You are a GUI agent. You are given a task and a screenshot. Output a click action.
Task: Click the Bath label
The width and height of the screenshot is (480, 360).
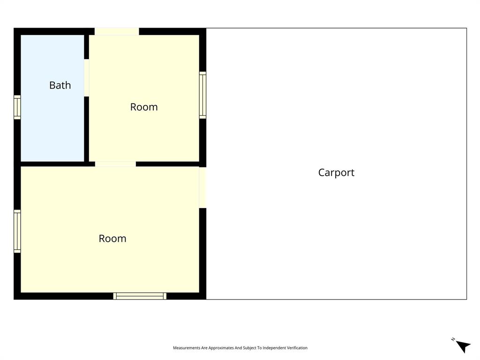click(x=60, y=85)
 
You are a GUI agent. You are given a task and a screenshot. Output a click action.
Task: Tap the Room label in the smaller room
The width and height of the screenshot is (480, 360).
click(x=144, y=107)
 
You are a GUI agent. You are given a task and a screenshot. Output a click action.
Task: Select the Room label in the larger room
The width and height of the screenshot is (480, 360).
click(x=112, y=239)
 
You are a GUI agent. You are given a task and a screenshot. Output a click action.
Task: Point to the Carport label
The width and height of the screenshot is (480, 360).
click(x=336, y=172)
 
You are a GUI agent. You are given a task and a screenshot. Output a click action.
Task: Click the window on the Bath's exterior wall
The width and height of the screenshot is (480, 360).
click(x=17, y=107)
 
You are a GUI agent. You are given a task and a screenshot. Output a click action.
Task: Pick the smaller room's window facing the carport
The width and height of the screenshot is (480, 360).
click(x=202, y=95)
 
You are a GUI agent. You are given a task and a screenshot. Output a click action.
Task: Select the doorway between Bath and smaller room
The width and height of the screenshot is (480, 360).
click(x=87, y=77)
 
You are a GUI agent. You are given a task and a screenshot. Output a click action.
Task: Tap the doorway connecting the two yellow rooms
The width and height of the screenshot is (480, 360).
click(x=115, y=164)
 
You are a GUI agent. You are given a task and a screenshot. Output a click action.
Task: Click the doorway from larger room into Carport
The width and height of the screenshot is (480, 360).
click(x=202, y=187)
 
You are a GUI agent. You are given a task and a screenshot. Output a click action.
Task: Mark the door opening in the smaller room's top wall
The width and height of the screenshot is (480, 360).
click(x=117, y=31)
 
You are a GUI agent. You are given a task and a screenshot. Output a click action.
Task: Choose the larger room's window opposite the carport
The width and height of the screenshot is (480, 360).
click(x=17, y=231)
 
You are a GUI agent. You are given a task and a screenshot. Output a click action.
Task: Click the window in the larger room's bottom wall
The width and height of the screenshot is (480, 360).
click(x=140, y=296)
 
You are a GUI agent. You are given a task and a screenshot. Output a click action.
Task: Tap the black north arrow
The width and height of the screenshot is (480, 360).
click(x=464, y=346)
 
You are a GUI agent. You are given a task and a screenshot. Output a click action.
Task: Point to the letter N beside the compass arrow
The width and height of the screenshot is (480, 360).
click(x=453, y=339)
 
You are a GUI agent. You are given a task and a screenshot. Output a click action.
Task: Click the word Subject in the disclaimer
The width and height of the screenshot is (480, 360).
click(x=249, y=348)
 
